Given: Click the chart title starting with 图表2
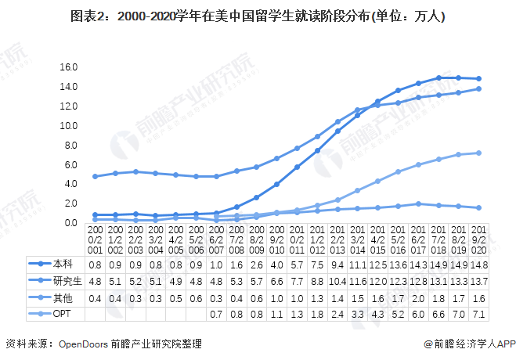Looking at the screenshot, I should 258,16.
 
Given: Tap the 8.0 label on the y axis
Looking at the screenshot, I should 70,145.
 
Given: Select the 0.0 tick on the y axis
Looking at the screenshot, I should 70,222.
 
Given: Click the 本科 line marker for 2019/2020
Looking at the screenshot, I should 478,79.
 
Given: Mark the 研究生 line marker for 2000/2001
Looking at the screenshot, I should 96,176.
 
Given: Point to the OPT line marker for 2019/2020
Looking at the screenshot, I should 478,153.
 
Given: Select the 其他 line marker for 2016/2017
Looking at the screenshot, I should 419,203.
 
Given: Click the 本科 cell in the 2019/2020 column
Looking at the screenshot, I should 478,265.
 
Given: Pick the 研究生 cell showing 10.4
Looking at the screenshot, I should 338,281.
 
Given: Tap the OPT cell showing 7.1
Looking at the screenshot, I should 478,315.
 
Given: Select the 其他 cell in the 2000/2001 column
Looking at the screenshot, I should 96,298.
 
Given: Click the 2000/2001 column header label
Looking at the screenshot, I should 96,239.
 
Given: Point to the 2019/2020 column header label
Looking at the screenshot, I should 478,239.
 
